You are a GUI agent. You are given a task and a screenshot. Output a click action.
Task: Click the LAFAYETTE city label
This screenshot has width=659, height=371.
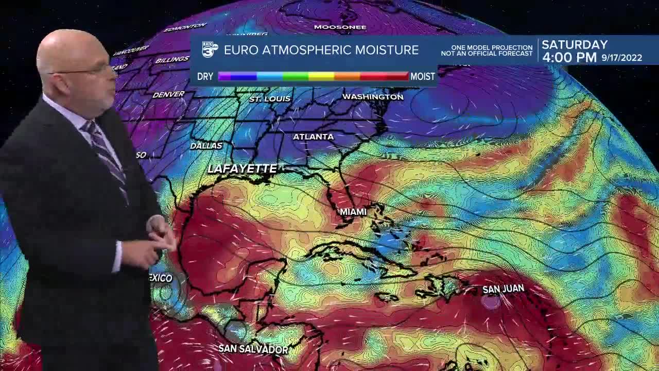pos(242,168)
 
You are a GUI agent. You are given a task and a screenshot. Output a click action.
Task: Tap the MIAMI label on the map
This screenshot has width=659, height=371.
pos(353,212)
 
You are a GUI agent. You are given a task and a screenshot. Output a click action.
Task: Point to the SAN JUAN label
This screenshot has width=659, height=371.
pos(503,289)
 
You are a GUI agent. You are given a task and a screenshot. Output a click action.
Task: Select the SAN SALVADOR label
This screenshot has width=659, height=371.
pos(253,349)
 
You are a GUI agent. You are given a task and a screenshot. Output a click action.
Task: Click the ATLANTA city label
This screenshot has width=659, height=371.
pos(313,137)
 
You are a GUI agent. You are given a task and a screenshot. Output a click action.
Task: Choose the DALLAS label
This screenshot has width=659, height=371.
pos(206,146)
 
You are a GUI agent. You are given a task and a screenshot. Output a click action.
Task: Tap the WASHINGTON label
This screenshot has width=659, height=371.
pos(373,97)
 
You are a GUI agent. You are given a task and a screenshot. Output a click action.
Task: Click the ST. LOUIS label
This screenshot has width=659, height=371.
pos(270,98)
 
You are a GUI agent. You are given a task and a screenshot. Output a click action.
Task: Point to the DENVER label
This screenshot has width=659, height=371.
pos(168,94)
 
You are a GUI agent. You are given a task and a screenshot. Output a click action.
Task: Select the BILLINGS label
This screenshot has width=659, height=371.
pos(172,60)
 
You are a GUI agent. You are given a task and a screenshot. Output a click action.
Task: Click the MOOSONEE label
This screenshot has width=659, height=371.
pos(340,27)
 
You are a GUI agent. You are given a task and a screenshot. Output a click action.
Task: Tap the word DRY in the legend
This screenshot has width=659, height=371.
pos(205,76)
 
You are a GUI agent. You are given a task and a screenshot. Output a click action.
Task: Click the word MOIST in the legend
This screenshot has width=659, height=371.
pos(423,76)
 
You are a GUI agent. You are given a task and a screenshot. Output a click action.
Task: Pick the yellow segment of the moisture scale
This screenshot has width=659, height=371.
pos(321,76)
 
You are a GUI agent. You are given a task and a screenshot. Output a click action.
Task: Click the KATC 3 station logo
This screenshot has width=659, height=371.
pos(210,49)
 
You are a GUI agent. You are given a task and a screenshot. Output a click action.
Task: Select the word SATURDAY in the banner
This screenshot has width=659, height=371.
pos(575,45)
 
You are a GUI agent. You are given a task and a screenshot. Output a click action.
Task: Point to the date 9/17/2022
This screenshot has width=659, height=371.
pos(622,58)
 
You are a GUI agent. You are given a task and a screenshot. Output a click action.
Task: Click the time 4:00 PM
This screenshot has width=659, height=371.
pos(569,58)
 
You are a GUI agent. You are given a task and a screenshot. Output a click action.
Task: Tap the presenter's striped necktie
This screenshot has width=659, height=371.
pos(106,155)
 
